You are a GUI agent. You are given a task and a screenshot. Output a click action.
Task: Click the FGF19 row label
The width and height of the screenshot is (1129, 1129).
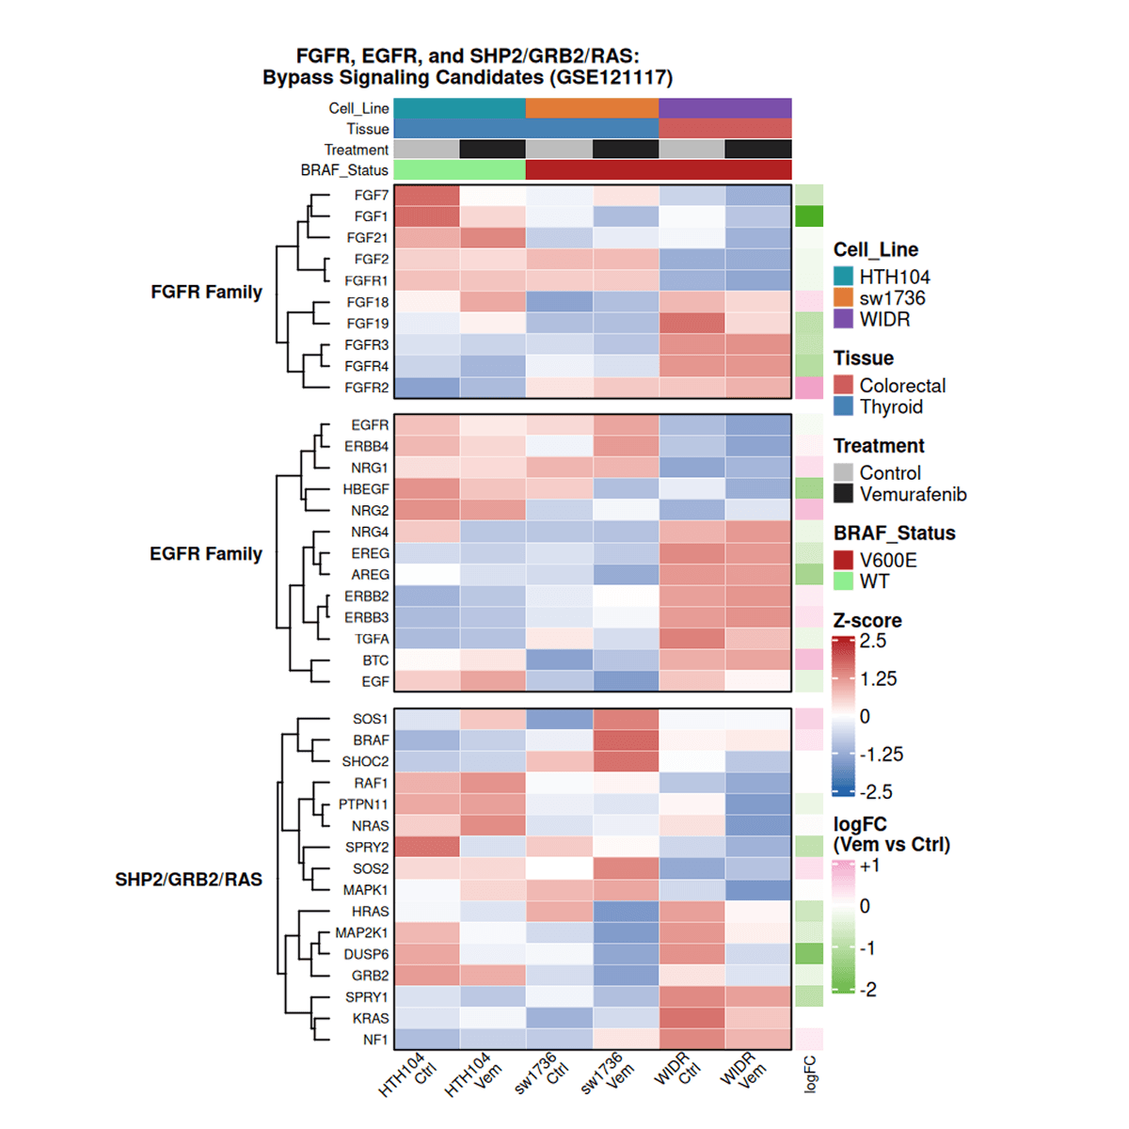367,323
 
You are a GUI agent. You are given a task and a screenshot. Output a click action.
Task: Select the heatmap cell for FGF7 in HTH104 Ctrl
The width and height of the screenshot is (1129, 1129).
426,196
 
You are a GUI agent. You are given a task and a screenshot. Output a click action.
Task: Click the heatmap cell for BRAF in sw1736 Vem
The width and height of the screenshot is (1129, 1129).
626,740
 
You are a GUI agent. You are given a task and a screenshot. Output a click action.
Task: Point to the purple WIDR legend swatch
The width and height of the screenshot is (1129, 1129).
843,319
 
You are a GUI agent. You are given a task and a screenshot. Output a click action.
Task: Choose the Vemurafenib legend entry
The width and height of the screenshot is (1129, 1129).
912,494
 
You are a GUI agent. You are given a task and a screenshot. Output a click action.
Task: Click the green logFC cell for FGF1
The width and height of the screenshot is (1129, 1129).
808,216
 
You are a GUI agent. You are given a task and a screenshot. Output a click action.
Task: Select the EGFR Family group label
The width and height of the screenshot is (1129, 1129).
205,553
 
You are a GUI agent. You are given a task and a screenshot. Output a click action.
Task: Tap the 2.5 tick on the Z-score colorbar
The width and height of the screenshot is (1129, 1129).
873,641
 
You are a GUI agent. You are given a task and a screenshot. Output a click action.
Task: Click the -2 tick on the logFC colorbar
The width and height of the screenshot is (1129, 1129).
868,990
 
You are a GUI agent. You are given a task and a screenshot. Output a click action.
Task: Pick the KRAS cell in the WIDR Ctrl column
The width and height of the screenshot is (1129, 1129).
692,1018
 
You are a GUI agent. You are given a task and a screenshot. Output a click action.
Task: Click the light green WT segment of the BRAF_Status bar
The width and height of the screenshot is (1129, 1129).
459,170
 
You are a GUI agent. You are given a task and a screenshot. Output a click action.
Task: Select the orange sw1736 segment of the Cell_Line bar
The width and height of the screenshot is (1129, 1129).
592,108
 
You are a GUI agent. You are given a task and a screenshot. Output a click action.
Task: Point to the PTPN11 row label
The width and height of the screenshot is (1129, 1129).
363,804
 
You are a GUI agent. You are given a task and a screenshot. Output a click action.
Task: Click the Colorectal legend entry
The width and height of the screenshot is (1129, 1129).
901,385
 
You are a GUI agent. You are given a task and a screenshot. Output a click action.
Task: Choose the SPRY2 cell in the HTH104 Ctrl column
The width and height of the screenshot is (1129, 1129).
426,847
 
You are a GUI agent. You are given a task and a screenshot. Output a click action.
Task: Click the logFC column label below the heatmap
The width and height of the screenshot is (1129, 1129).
810,1073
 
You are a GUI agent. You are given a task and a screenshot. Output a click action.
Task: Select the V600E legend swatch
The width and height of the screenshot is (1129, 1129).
843,560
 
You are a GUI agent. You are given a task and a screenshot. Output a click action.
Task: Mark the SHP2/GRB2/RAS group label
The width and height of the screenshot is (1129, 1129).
188,880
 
